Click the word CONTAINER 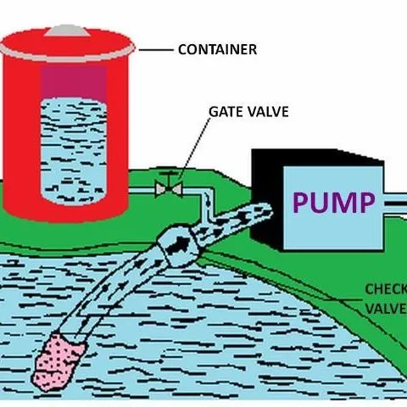pyautogui.click(x=216, y=50)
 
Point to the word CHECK pyautogui.click(x=386, y=289)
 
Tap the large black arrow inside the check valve pyautogui.click(x=179, y=243)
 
